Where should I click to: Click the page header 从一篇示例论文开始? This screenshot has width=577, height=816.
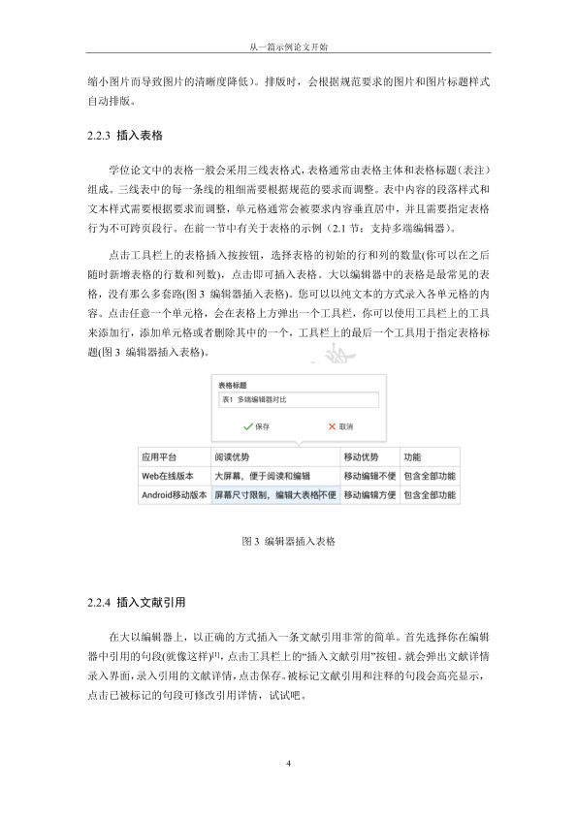pyautogui.click(x=288, y=46)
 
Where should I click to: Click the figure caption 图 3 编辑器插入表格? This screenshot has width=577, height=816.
pyautogui.click(x=288, y=540)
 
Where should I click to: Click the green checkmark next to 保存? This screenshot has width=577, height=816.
pyautogui.click(x=248, y=425)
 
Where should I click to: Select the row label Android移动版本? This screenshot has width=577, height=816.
pyautogui.click(x=174, y=495)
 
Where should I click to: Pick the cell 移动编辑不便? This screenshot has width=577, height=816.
pyautogui.click(x=369, y=476)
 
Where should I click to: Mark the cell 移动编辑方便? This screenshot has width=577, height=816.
pyautogui.click(x=369, y=495)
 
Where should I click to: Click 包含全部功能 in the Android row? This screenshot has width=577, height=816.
pyautogui.click(x=430, y=495)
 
